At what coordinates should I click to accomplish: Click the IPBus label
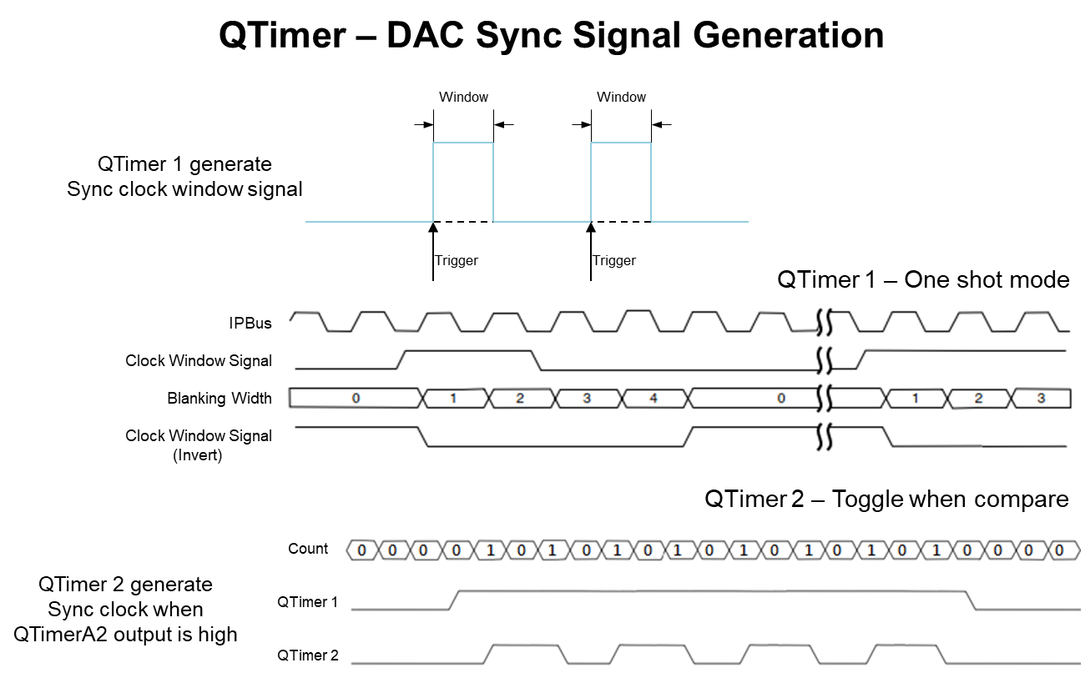coord(250,324)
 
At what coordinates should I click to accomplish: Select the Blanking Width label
coord(220,399)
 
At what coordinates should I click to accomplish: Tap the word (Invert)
coord(198,455)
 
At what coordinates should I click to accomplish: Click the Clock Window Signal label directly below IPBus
coord(199,361)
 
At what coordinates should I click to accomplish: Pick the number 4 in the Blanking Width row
coord(654,399)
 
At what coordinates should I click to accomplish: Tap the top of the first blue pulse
coord(463,143)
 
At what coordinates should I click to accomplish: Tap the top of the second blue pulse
coord(621,143)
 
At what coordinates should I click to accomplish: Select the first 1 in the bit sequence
coord(490,550)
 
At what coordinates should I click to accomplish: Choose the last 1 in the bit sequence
coord(936,550)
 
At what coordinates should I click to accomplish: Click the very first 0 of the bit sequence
coord(361,550)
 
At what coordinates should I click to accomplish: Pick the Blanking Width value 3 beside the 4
coord(587,399)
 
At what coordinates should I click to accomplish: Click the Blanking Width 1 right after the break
coord(915,399)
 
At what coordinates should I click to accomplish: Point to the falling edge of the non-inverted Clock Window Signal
coord(537,360)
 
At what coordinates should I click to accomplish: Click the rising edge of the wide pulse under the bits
coord(456,600)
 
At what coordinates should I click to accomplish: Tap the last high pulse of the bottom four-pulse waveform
coord(906,645)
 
